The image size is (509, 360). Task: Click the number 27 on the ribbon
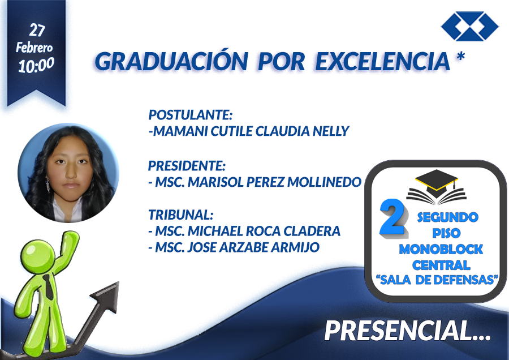[x=37, y=30]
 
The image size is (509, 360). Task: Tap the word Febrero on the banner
[x=34, y=48]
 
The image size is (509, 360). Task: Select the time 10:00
[x=36, y=65]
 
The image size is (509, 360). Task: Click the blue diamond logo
[x=470, y=26]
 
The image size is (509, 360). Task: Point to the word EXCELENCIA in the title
[x=383, y=61]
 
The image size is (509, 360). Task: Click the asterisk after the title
[x=460, y=57]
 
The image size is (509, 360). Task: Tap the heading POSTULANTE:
[x=191, y=115]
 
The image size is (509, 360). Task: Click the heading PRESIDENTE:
[x=187, y=166]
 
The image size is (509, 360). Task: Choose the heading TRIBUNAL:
[x=181, y=215]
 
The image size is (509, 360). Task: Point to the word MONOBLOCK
[x=441, y=249]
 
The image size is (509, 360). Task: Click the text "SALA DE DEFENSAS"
[x=437, y=280]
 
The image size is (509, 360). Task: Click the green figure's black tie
[x=49, y=287]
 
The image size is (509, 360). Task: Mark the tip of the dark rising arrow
[x=118, y=282]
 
